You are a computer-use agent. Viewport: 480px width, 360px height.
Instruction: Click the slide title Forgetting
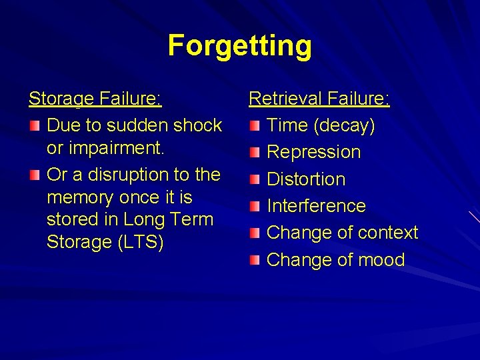239,45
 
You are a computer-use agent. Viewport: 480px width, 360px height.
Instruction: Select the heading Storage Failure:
95,99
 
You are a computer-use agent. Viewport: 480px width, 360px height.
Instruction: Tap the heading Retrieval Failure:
319,99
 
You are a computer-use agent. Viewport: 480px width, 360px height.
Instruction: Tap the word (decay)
344,125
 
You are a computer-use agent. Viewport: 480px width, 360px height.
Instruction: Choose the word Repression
313,152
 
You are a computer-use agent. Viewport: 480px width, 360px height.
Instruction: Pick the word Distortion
306,179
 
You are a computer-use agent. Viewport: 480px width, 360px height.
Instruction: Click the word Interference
316,206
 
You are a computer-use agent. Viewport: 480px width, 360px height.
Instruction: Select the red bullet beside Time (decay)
255,125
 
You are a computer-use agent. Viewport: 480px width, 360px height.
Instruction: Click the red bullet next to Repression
255,153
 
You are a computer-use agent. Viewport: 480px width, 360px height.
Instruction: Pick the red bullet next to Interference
255,206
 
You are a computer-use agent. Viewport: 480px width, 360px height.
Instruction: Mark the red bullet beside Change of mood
255,260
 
